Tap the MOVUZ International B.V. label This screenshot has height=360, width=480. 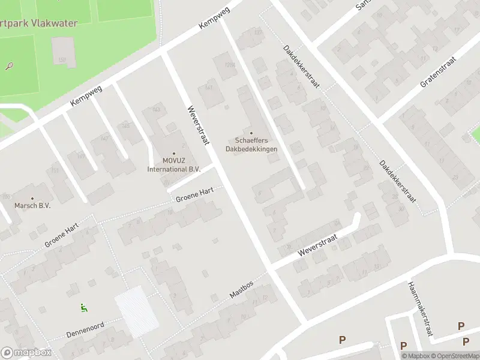(174, 165)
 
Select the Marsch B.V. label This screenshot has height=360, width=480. (32, 205)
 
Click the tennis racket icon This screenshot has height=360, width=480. (10, 65)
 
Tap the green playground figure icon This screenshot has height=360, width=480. (83, 308)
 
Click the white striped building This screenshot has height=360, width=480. (137, 311)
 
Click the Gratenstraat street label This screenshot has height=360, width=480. (438, 73)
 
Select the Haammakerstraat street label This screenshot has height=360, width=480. (420, 308)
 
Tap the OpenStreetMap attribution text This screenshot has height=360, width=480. (454, 356)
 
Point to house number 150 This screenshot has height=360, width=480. (62, 59)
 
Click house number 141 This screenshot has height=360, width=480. (209, 88)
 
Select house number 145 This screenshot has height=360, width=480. (125, 125)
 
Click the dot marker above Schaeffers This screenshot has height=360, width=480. (251, 133)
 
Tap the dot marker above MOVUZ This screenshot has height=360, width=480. (174, 153)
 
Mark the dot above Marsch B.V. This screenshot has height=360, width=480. (32, 197)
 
